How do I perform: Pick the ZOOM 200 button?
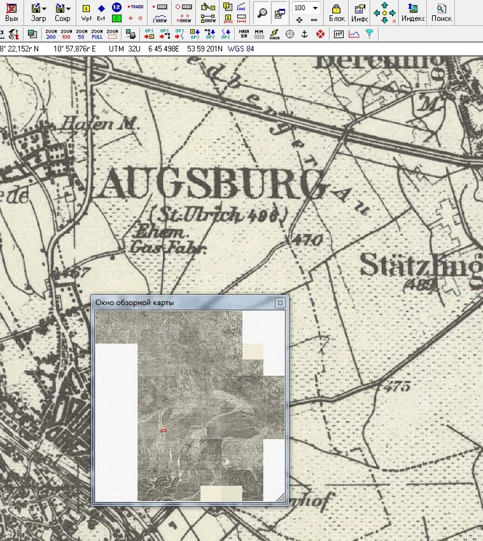tap(52, 34)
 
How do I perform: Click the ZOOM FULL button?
tap(97, 34)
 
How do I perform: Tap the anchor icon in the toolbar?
tap(304, 34)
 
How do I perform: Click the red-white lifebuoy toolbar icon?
tap(320, 34)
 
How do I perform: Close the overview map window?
tap(279, 303)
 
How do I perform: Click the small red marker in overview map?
tap(164, 431)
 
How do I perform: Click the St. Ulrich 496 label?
tap(217, 215)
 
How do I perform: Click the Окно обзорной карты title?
tap(134, 303)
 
